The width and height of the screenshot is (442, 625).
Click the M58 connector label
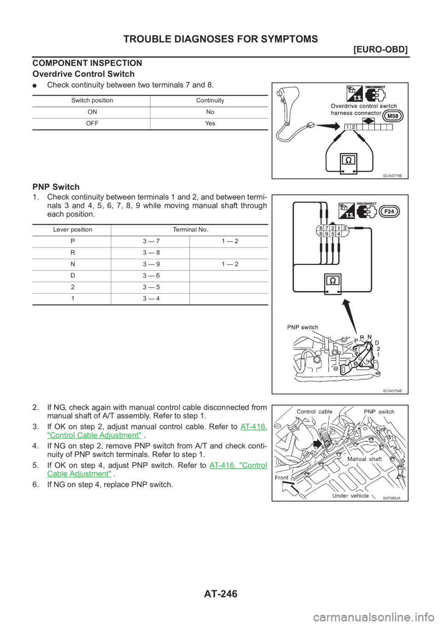click(x=393, y=116)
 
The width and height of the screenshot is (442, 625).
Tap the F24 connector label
click(x=389, y=212)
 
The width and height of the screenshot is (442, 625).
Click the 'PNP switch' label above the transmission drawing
click(x=302, y=327)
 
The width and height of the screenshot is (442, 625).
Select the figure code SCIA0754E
click(x=392, y=390)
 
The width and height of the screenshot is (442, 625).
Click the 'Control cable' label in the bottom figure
click(x=314, y=411)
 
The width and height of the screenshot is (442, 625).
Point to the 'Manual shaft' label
click(x=364, y=458)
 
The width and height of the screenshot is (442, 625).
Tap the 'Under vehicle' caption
click(x=350, y=496)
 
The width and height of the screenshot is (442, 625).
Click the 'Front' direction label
click(x=282, y=477)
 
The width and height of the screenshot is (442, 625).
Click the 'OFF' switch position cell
click(x=91, y=124)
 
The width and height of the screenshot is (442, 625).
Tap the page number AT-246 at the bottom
click(x=221, y=594)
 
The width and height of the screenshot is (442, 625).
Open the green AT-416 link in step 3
click(x=254, y=427)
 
